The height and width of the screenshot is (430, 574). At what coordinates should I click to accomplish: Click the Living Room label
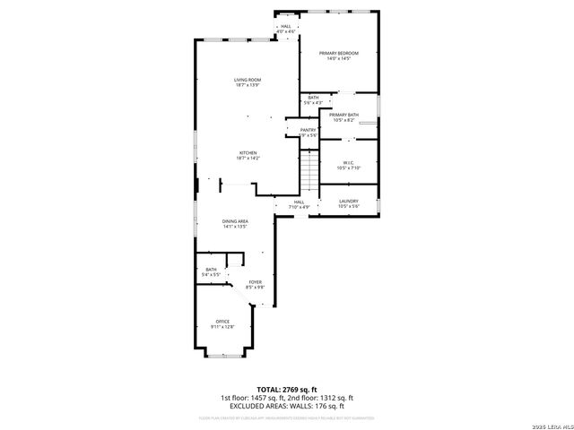coord(248,80)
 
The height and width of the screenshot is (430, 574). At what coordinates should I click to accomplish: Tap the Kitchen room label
coord(248,152)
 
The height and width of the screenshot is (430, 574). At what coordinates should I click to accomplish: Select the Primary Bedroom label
coord(338,53)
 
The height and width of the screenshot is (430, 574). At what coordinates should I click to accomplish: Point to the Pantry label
coord(308,130)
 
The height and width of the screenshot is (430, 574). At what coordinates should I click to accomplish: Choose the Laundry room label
coord(349,202)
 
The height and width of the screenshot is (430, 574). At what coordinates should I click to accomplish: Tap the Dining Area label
coord(235,220)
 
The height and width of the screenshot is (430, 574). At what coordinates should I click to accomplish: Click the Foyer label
coord(255,282)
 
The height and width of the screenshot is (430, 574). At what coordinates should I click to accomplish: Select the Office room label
coord(222,321)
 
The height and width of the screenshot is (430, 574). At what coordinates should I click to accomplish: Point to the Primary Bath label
coord(344,115)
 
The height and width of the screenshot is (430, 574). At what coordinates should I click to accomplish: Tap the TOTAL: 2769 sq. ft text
coord(286,390)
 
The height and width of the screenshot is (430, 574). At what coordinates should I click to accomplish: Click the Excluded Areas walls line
coord(286,406)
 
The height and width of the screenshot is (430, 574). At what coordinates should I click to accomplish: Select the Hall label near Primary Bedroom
coord(285,27)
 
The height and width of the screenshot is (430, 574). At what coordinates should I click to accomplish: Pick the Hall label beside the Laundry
coord(299,202)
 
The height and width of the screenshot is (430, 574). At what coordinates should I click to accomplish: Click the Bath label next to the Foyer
coord(211,269)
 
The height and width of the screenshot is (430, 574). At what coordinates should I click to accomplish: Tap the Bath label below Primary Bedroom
coord(313,98)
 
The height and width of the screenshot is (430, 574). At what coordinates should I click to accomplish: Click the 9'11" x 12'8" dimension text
coord(222,326)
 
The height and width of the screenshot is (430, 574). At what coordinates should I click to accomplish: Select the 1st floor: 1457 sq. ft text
coord(251,398)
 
